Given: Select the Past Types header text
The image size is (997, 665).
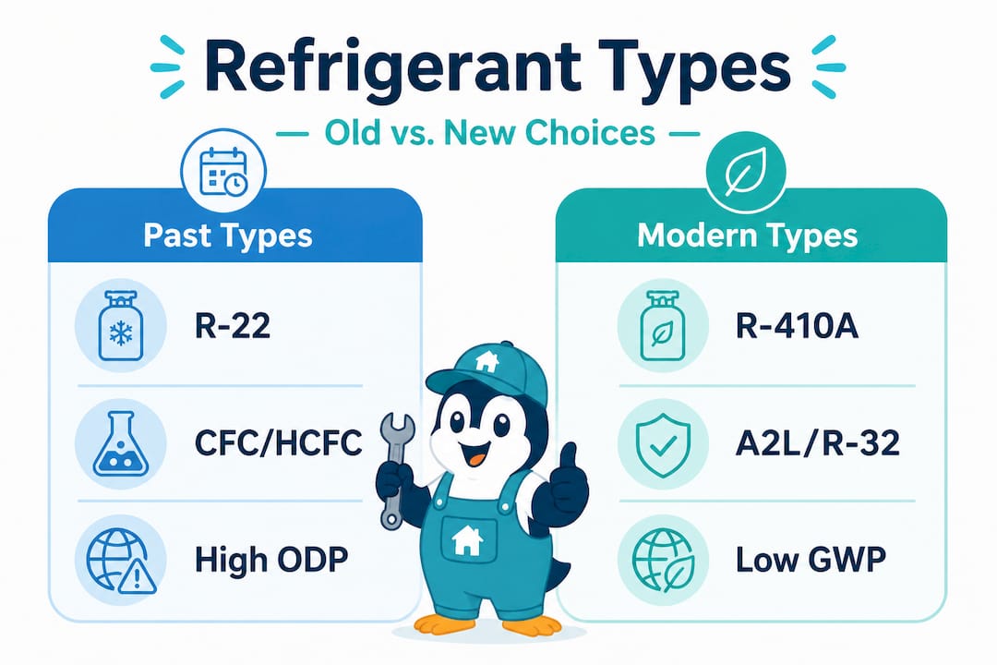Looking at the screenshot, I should coord(228,235).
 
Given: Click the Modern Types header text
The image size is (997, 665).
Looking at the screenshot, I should coord(748,235).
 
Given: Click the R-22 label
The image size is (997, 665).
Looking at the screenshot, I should coord(233,326).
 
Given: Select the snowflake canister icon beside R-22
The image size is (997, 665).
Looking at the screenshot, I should coord(122,326).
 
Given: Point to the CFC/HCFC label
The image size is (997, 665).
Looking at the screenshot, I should coord(277,442).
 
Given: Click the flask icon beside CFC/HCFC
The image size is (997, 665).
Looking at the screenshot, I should coord(122,442).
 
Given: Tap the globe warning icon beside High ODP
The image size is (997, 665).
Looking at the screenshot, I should coord(122,558).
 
